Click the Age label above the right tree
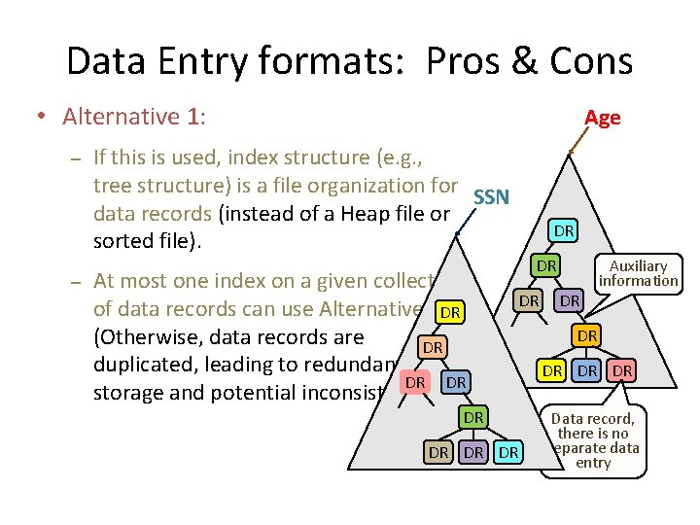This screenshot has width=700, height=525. coord(602,118)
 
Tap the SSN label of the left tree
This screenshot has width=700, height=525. coord(491,197)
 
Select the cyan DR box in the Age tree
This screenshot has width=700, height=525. coord(563,230)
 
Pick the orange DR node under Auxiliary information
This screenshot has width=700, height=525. coord(586,335)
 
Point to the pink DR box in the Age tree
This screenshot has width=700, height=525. coord(623,370)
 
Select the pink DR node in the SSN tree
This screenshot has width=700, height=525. coord(415,382)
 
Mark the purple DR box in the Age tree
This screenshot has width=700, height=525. coord(571,301)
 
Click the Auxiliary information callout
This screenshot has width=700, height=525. coord(638,273)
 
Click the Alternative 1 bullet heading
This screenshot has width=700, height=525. coord(134,118)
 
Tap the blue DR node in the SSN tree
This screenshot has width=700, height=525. coord(456,382)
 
